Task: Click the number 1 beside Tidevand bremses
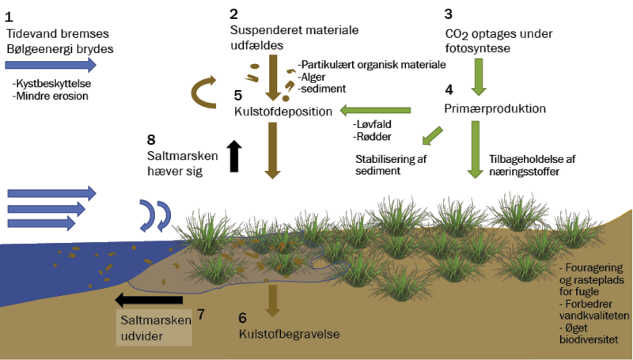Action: coord(9,15)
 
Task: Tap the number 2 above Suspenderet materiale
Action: coord(233,14)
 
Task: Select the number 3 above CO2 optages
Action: coord(449,14)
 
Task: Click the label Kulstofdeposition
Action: coord(282,112)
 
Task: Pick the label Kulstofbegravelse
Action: coord(290,335)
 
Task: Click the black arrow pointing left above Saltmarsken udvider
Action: coord(150,299)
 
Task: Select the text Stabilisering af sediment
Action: coord(390,164)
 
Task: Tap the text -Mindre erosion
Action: coord(49,96)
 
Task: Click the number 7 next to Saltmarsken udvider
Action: coord(201,314)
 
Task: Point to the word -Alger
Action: coord(313,78)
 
